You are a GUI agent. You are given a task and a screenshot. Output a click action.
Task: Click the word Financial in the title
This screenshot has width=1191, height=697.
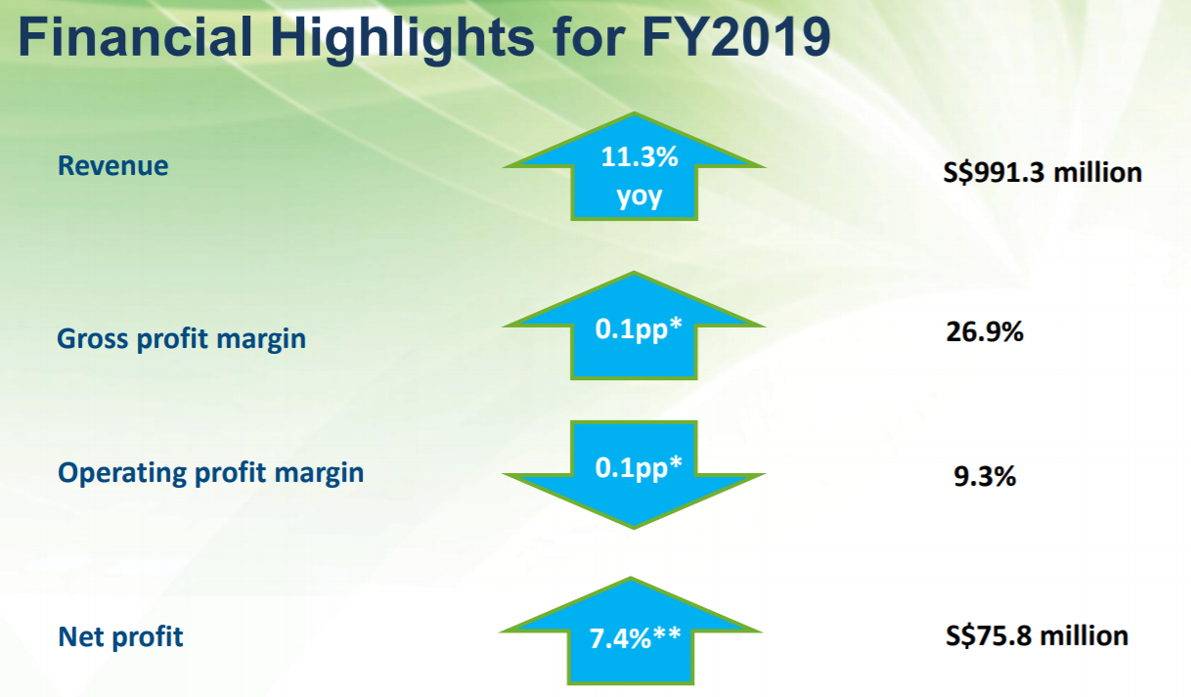pyautogui.click(x=136, y=36)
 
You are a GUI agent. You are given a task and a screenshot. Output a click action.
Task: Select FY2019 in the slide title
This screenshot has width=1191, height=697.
pyautogui.click(x=736, y=36)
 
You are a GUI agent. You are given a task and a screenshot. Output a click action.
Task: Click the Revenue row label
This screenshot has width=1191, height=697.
pyautogui.click(x=112, y=165)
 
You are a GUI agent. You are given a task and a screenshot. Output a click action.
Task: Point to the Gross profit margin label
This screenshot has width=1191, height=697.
pyautogui.click(x=181, y=338)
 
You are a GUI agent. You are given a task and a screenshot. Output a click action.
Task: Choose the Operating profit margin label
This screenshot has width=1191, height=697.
pyautogui.click(x=210, y=472)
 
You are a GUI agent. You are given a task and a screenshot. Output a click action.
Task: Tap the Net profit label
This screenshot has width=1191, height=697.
pyautogui.click(x=120, y=636)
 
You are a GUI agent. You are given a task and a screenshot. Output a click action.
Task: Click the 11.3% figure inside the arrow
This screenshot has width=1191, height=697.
pyautogui.click(x=640, y=156)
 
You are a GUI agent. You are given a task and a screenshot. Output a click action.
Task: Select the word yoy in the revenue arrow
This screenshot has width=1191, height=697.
pyautogui.click(x=640, y=196)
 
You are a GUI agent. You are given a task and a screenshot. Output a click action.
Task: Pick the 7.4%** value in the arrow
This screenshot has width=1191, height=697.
pyautogui.click(x=635, y=638)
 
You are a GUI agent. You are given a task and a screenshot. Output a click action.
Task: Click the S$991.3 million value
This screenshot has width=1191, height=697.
pyautogui.click(x=1042, y=172)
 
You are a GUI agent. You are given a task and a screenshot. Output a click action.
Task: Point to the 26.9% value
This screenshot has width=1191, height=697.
pyautogui.click(x=985, y=331)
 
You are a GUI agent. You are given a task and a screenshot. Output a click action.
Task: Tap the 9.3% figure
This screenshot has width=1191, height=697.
pyautogui.click(x=985, y=476)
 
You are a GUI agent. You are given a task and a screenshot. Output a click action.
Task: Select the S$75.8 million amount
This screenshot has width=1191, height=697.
pyautogui.click(x=1037, y=635)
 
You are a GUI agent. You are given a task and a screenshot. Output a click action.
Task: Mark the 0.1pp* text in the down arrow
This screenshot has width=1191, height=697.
pyautogui.click(x=638, y=468)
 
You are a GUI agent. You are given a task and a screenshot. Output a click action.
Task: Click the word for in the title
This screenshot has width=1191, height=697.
pyautogui.click(x=589, y=36)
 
